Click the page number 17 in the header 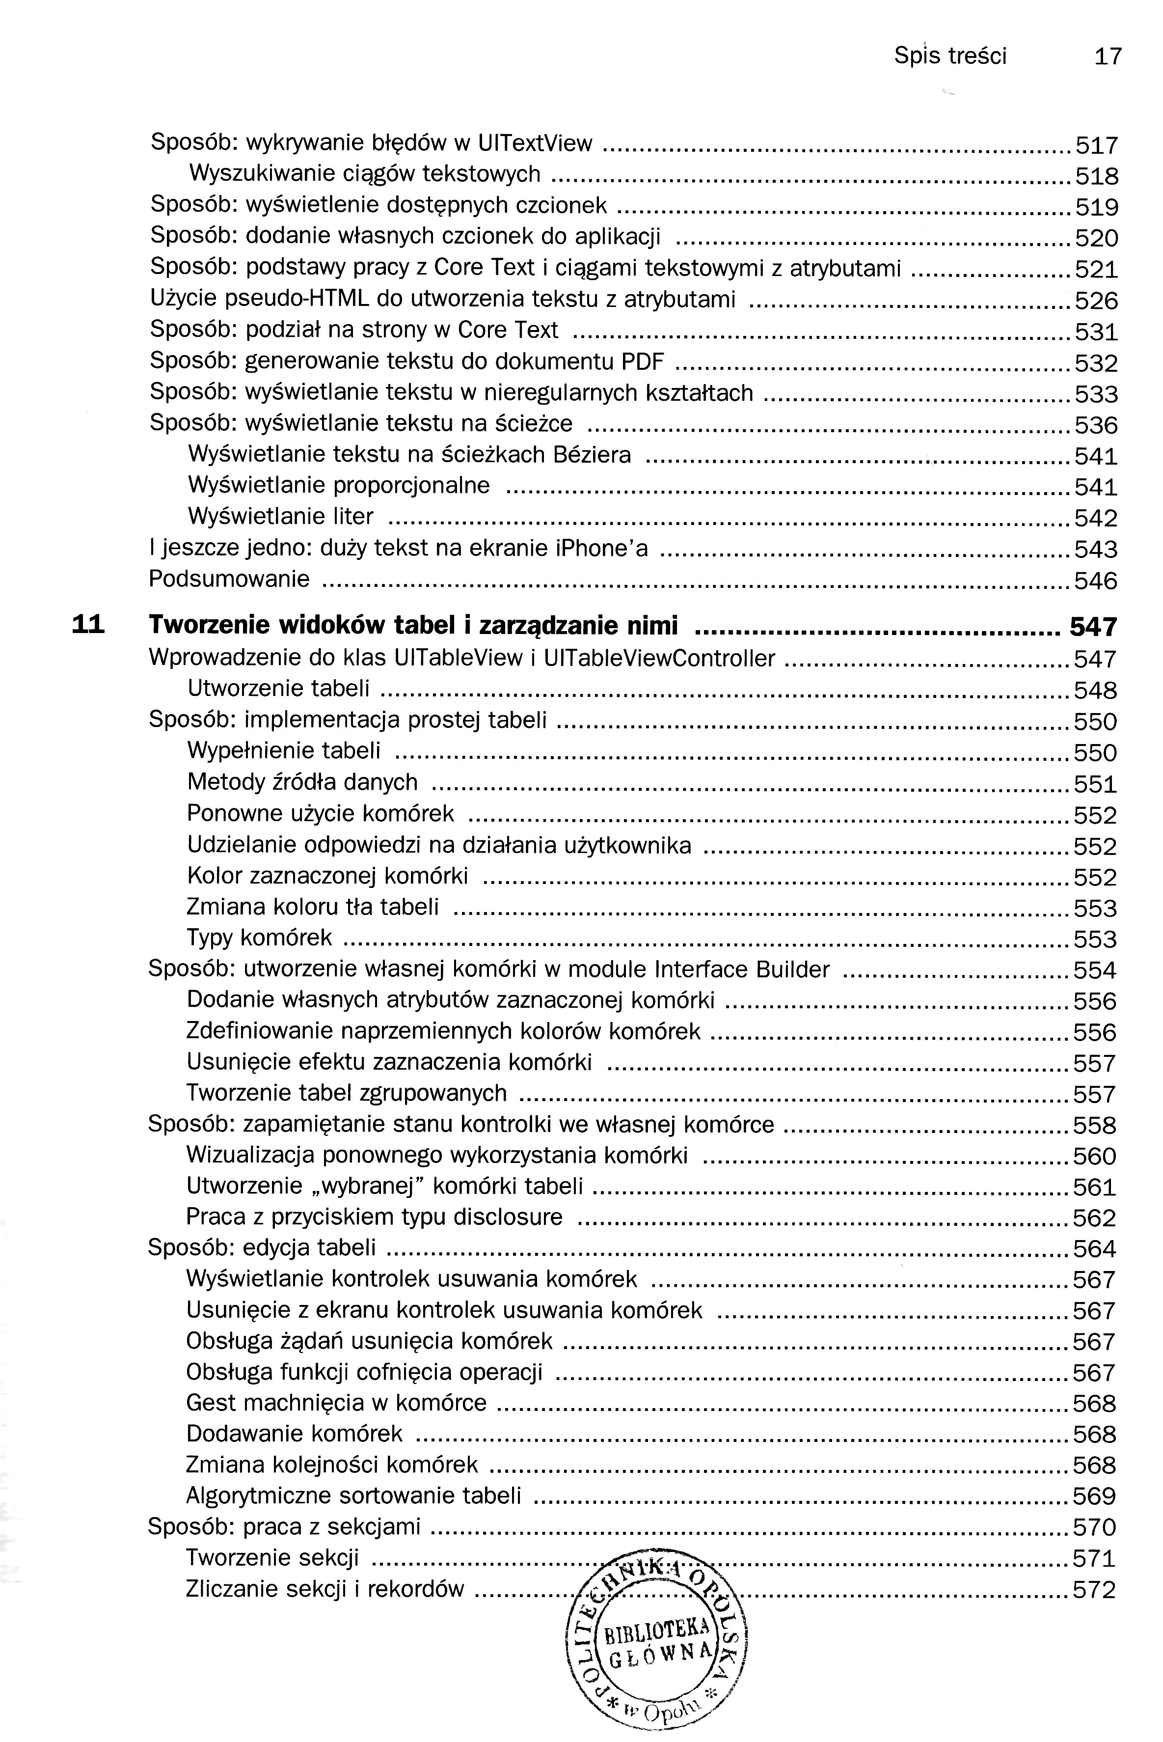tap(1108, 56)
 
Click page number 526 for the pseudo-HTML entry tap(1096, 301)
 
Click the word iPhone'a tap(601, 548)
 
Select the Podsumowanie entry tap(229, 579)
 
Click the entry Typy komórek tap(260, 938)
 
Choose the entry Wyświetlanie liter tap(280, 516)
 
